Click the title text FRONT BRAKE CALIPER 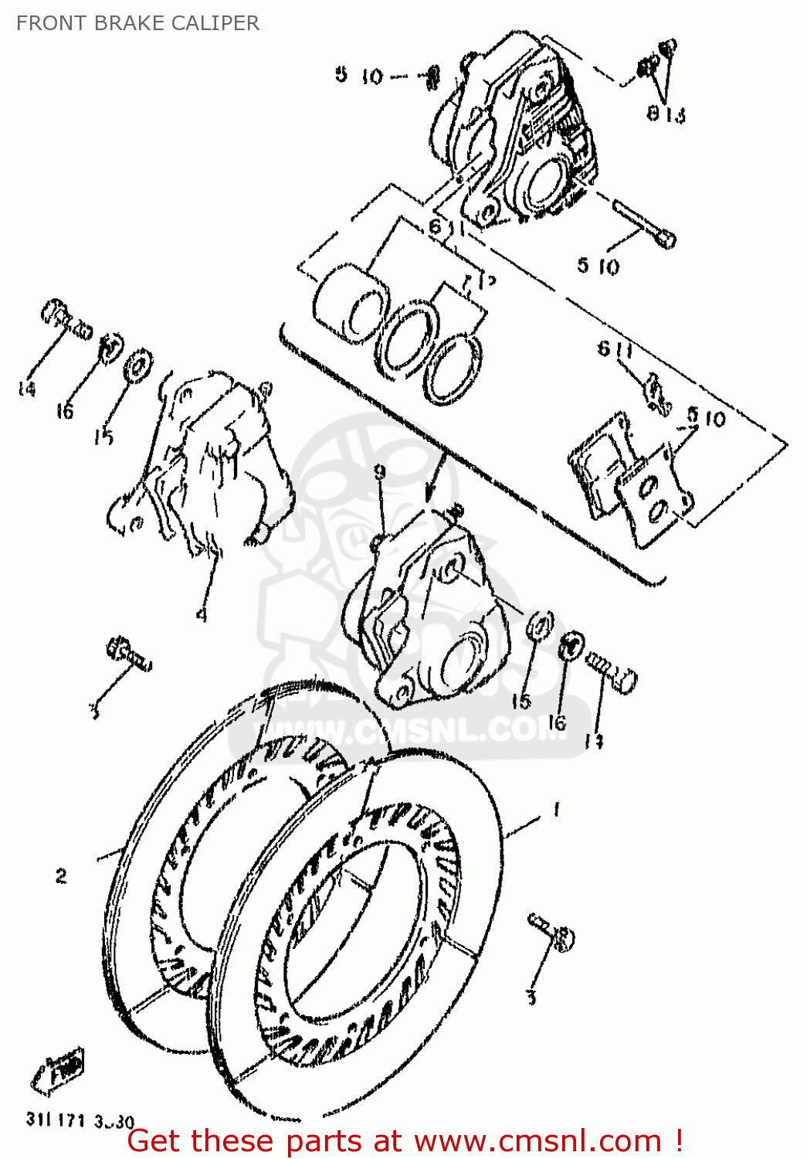pos(137,23)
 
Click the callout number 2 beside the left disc pos(61,875)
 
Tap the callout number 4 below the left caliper pos(201,614)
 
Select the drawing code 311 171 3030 pos(80,1120)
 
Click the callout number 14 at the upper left pos(26,388)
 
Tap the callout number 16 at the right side pos(557,722)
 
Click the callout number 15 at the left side pos(103,437)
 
